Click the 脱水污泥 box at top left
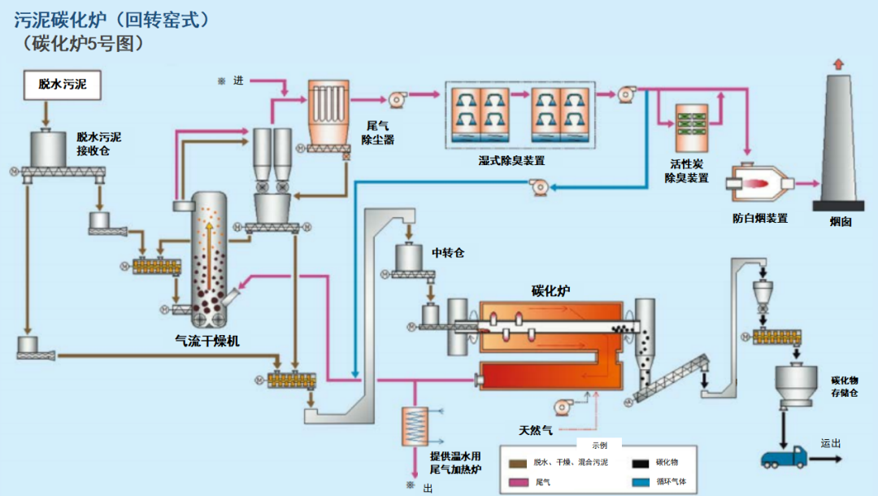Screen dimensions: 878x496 pos(62,85)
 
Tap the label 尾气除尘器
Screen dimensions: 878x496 pos(377,133)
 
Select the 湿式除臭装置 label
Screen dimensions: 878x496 pos(511,161)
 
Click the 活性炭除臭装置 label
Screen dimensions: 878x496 pos(686,171)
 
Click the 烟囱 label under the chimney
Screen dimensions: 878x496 pos(840,222)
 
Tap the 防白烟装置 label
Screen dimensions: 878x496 pos(760,219)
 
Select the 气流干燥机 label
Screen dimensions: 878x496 pos(207,341)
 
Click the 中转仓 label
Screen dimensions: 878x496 pos(447,253)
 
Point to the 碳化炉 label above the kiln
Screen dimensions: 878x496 pos(550,290)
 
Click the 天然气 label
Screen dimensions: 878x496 pos(535,430)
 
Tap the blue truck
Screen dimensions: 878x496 pos(784,457)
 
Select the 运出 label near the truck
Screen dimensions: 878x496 pos(831,443)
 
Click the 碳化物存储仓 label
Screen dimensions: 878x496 pos(845,387)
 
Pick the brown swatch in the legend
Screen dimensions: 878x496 pos(518,463)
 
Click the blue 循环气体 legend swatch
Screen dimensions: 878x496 pos(641,482)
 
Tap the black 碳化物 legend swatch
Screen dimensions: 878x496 pos(641,463)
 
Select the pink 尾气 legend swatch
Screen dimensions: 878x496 pos(518,482)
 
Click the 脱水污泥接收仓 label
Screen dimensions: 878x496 pos(99,144)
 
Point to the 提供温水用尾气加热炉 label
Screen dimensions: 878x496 pos(455,463)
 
